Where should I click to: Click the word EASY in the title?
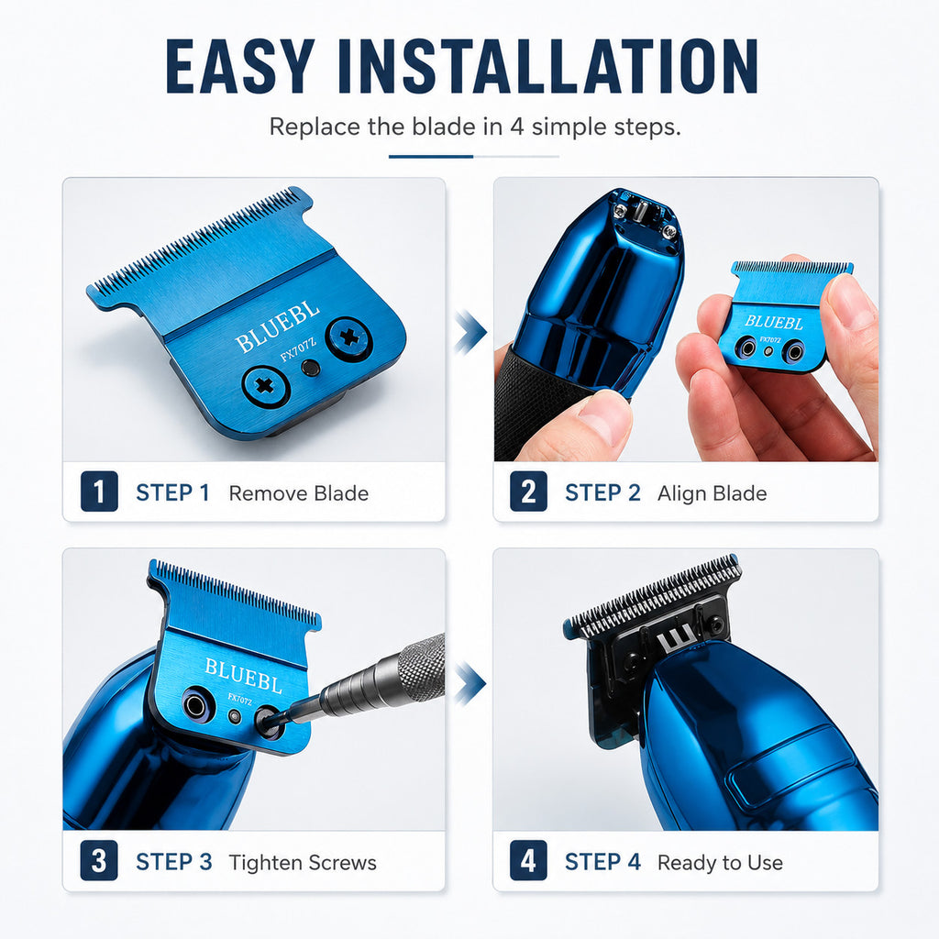point(240,66)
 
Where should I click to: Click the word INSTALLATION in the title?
point(548,66)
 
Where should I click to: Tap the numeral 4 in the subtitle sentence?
point(517,127)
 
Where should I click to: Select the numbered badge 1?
point(99,492)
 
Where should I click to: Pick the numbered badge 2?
point(528,492)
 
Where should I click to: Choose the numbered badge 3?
point(99,861)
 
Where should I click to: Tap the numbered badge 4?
point(528,861)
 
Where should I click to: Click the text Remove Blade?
point(299,493)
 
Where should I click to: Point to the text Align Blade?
point(712,493)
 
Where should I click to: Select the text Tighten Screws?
point(303,863)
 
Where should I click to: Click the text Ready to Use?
point(721,863)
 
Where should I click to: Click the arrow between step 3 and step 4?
point(470,683)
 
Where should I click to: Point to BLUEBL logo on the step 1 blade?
point(277,327)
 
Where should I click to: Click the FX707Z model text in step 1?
point(298,349)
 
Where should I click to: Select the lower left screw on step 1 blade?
point(266,386)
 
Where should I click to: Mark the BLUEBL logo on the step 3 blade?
point(243,675)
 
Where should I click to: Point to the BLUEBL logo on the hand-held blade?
point(774,322)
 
